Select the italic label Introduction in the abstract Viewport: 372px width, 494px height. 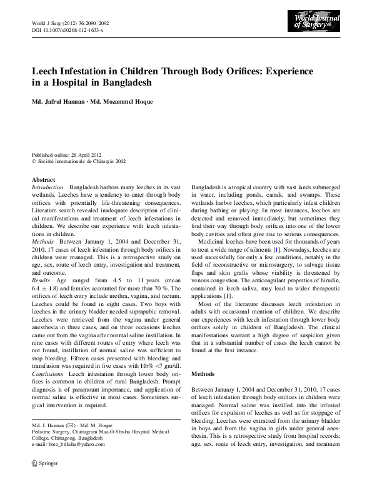(48, 187)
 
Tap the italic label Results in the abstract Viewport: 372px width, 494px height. (42, 282)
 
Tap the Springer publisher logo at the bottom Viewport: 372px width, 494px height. (39, 465)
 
